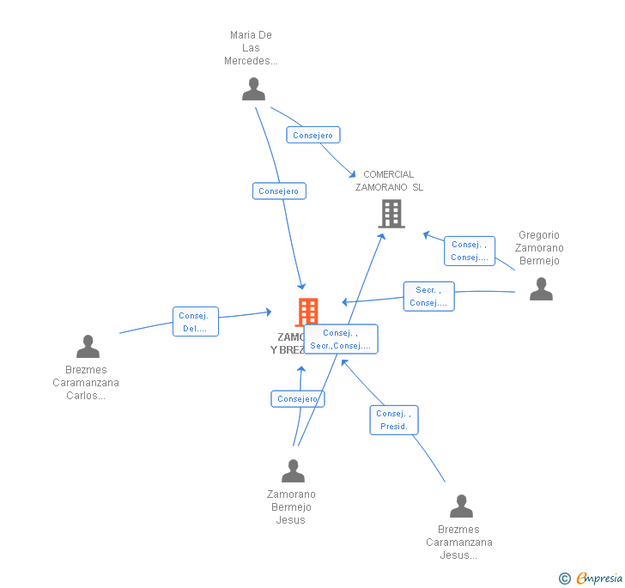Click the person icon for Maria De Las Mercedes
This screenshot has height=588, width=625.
tap(253, 89)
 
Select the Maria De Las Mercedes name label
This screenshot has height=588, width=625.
tap(251, 48)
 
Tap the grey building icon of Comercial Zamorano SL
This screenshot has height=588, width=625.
tap(391, 214)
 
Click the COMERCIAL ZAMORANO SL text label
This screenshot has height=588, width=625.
tap(389, 181)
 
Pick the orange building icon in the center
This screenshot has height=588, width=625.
tap(307, 312)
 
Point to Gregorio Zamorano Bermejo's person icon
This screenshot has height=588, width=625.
tap(541, 289)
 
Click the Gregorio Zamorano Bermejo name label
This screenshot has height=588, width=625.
tap(538, 248)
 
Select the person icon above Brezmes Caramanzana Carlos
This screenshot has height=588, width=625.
tap(88, 347)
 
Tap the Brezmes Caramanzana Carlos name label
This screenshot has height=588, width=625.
tap(86, 383)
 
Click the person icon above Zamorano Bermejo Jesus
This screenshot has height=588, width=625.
tap(293, 471)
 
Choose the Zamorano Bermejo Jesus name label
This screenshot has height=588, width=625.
tap(291, 507)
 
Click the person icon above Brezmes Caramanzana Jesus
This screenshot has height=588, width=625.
tap(461, 506)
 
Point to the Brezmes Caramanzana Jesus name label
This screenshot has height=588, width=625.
tap(459, 543)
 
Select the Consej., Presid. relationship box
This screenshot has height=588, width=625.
tap(394, 420)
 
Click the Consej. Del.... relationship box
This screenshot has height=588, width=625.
tap(195, 322)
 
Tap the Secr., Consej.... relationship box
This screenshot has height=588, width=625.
tap(428, 296)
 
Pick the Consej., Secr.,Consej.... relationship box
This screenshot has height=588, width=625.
tap(341, 339)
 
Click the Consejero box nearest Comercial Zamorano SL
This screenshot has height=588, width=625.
tap(313, 136)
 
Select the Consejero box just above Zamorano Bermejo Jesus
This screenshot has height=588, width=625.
tap(298, 399)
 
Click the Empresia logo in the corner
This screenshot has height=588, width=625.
tap(591, 579)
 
